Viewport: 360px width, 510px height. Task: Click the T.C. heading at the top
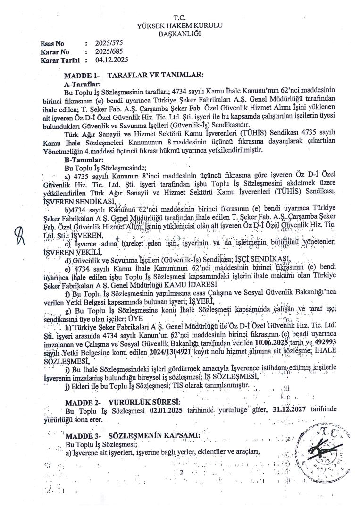coord(180,17)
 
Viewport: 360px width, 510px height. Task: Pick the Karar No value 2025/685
coord(109,51)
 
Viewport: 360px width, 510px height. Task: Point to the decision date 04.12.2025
coord(111,60)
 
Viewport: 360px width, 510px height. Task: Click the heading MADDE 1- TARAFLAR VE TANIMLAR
coord(134,75)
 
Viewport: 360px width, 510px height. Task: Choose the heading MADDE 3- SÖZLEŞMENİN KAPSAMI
coord(134,434)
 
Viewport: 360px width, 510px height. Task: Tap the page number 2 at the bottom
coord(181,472)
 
